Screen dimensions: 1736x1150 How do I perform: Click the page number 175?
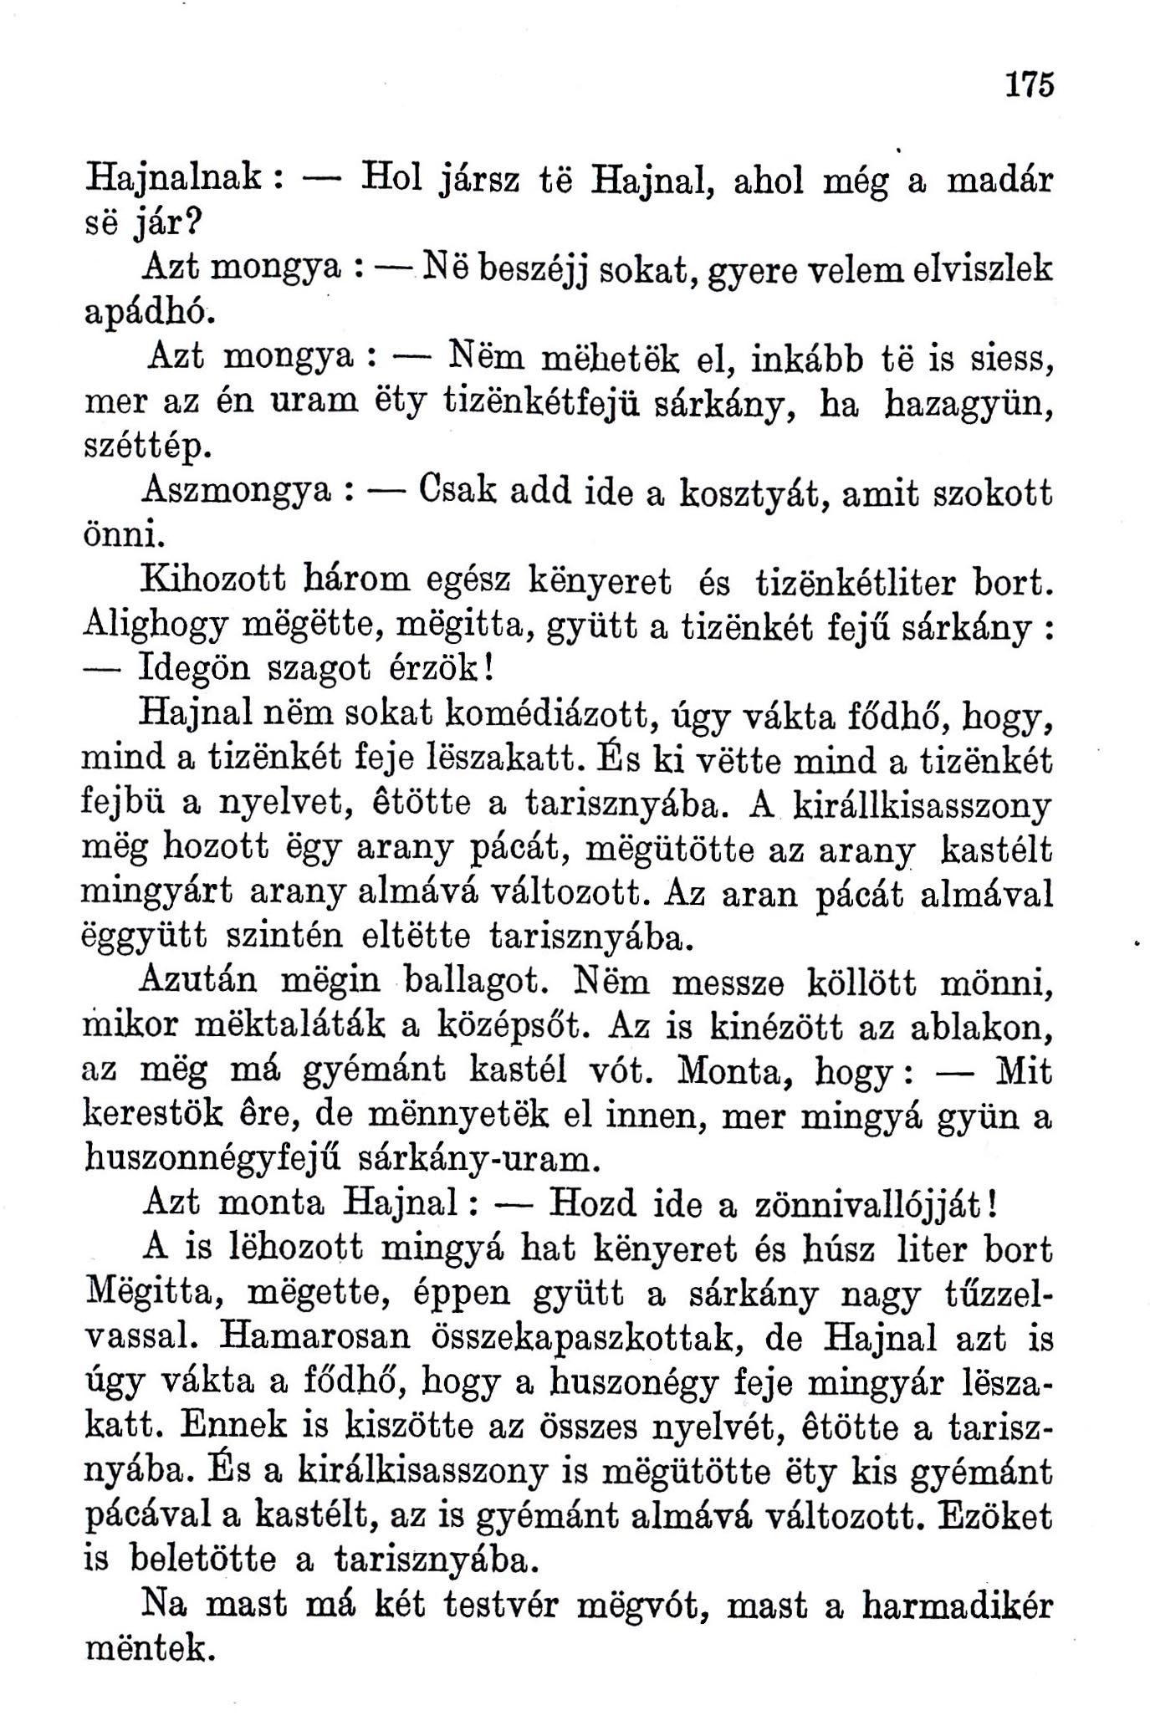[1029, 84]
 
